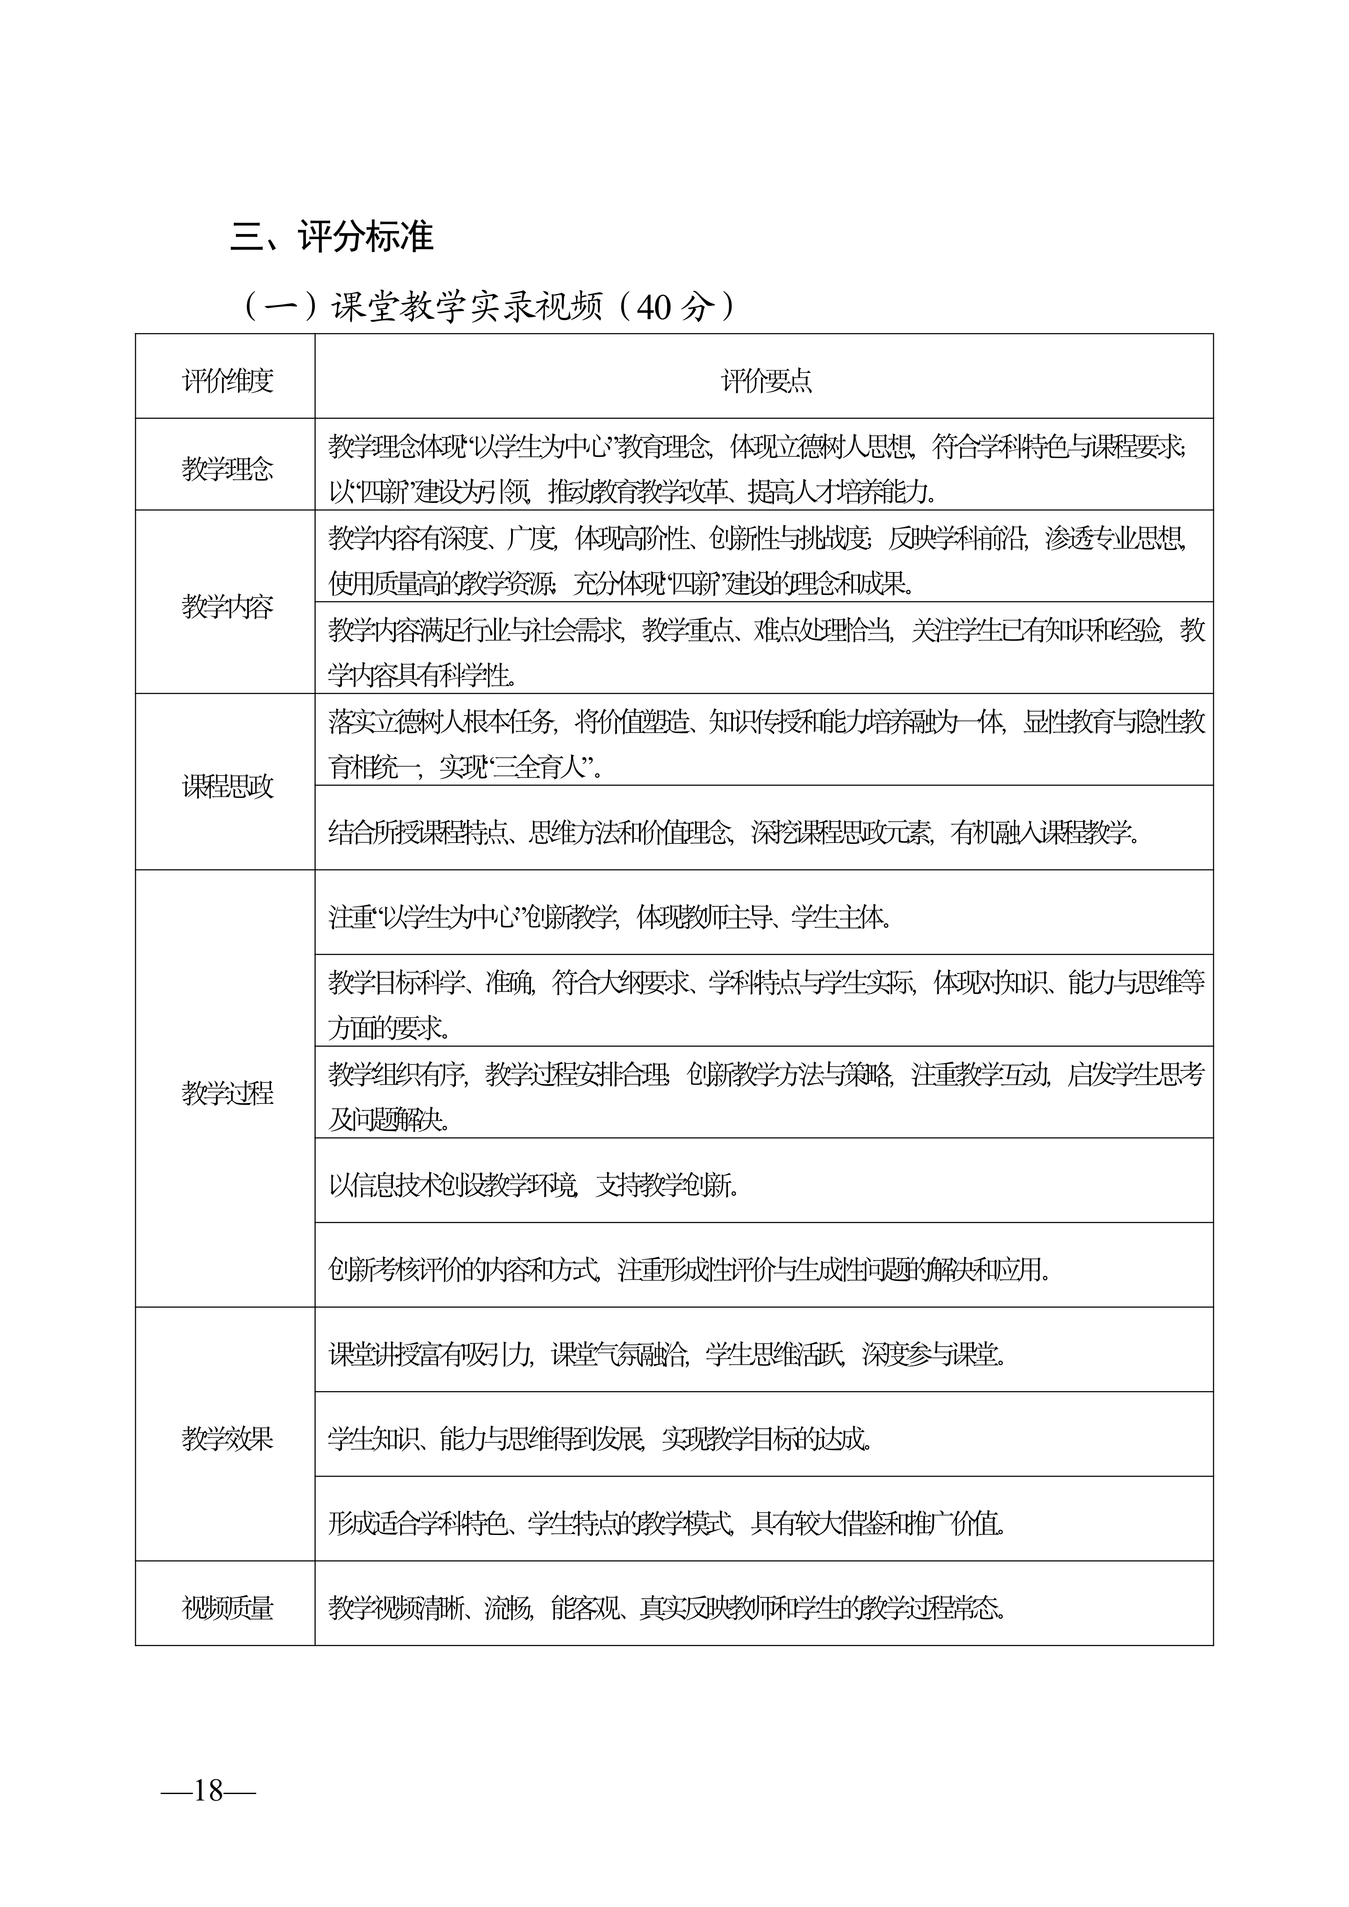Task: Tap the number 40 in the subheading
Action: click(653, 307)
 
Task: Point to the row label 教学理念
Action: click(227, 469)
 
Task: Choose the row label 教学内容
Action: click(227, 607)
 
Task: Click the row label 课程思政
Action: click(227, 787)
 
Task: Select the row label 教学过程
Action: click(227, 1093)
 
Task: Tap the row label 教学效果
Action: click(227, 1439)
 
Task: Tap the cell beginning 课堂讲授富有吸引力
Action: click(666, 1355)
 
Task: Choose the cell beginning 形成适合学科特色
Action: click(666, 1523)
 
